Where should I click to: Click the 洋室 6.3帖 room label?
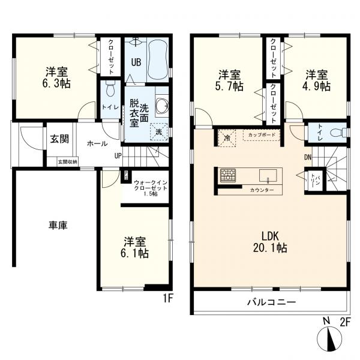click(56, 78)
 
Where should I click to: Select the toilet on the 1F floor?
click(109, 92)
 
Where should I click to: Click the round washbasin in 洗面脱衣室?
click(161, 106)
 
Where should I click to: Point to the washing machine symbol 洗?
click(159, 132)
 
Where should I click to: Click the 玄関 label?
click(59, 139)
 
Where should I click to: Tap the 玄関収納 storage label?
click(67, 161)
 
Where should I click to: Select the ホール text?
click(97, 144)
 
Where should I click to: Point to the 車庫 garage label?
click(58, 226)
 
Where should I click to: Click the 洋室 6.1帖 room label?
click(136, 247)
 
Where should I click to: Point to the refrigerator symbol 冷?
click(226, 136)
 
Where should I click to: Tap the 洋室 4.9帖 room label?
click(317, 80)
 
